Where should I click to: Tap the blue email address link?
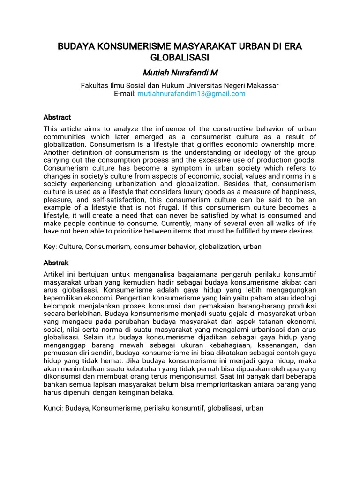pos(191,94)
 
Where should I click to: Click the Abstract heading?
pos(57,117)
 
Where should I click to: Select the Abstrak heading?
pos(56,262)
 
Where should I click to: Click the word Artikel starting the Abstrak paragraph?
pos(54,274)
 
